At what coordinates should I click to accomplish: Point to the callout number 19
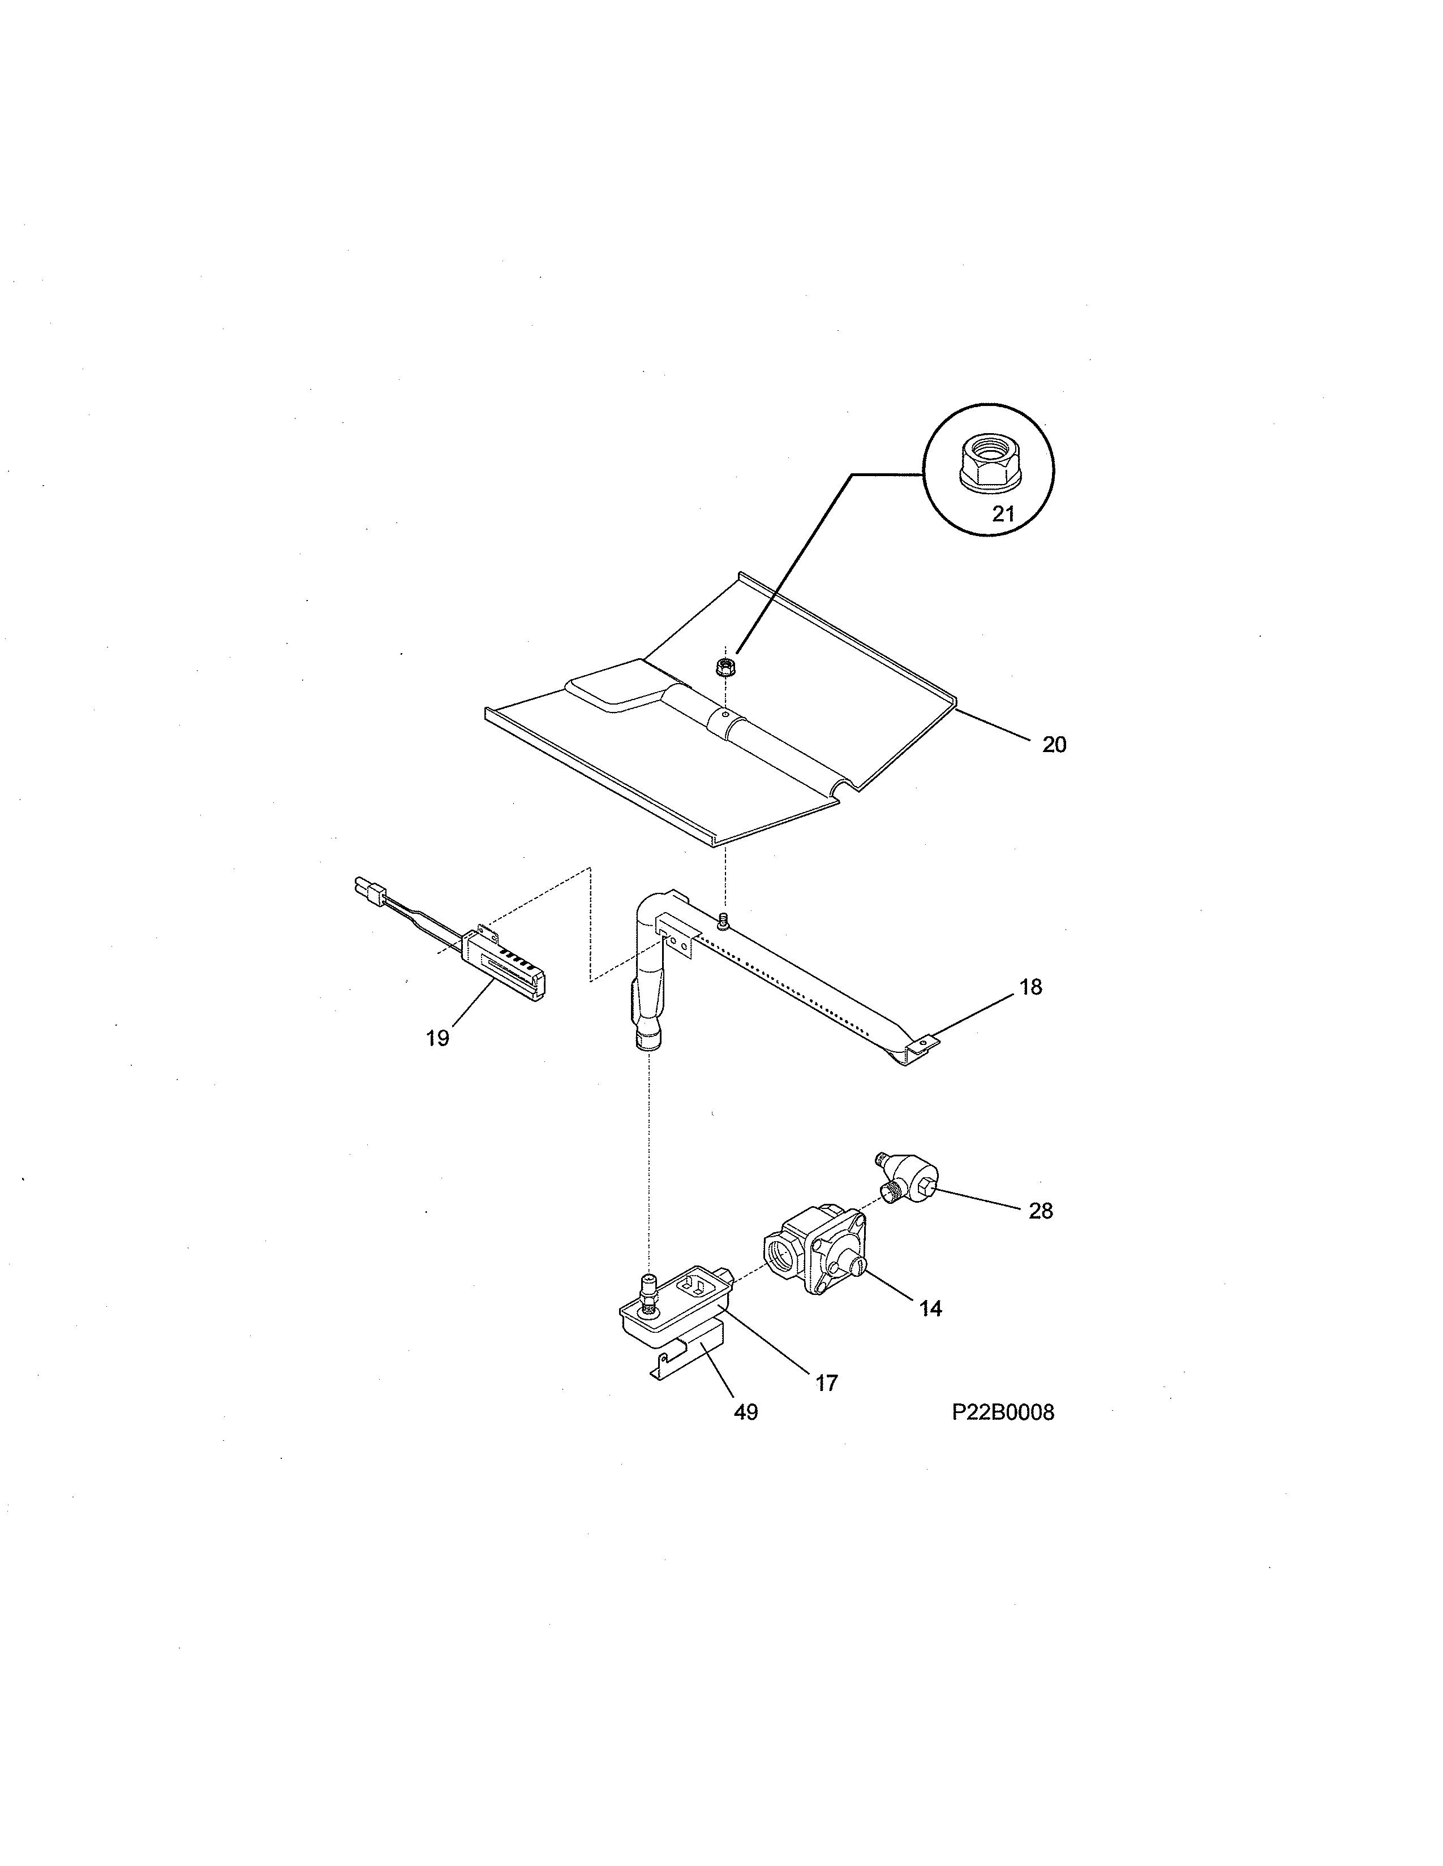[437, 1038]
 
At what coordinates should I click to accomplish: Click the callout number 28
[1040, 1210]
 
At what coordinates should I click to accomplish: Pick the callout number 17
[826, 1383]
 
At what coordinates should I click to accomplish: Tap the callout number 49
[745, 1413]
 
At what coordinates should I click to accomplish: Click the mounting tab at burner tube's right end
[921, 1045]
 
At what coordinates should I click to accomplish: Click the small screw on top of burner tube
[725, 920]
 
